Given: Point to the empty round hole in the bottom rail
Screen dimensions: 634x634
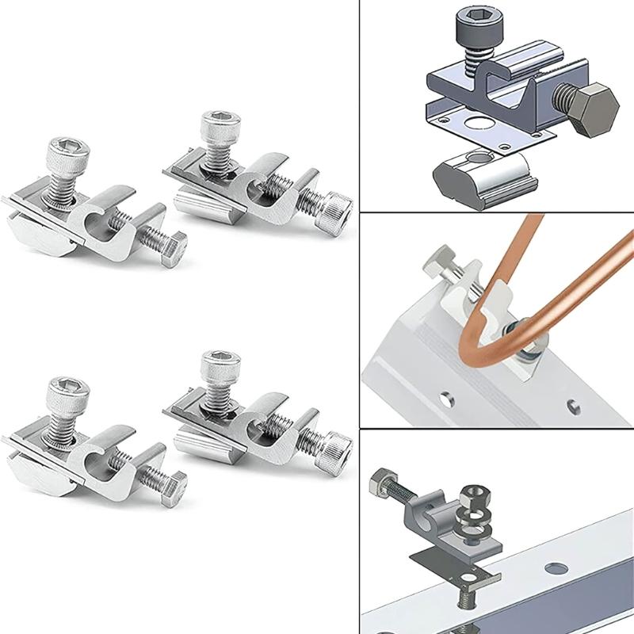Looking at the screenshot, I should tap(557, 568).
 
